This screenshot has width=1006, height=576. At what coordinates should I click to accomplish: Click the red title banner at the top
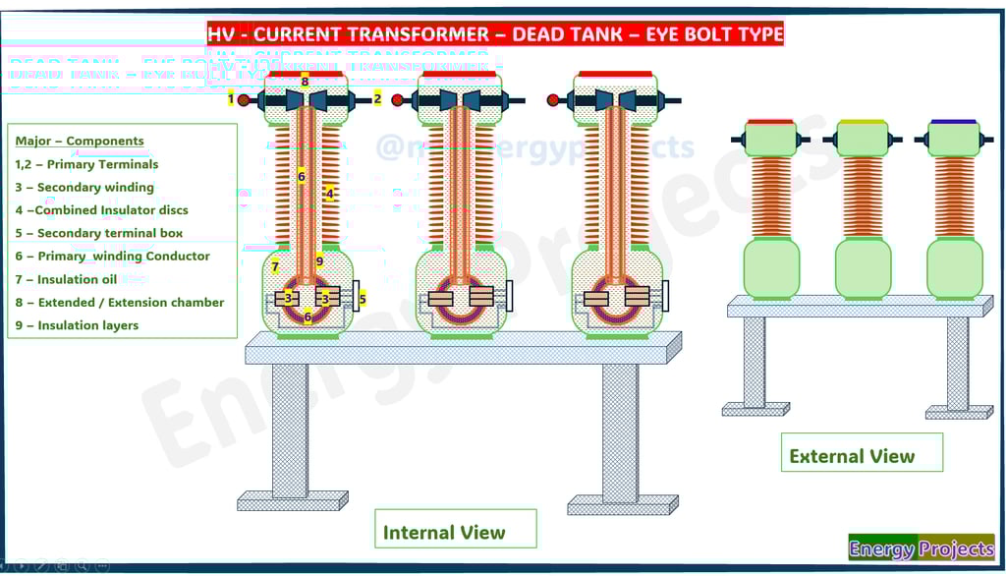tap(495, 33)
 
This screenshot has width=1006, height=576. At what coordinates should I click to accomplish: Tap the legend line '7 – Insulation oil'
tap(66, 279)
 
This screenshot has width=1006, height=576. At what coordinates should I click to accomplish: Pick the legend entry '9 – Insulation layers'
tap(77, 325)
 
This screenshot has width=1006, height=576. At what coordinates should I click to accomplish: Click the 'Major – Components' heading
tap(80, 141)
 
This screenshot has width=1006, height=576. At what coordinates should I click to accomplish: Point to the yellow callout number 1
tap(232, 98)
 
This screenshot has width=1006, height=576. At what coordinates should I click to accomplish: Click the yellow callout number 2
tap(377, 98)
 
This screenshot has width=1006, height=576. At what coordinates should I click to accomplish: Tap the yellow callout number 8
tap(306, 81)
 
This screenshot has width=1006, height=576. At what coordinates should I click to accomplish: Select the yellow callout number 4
tap(329, 194)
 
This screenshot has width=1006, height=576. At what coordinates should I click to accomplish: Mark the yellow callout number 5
tap(362, 298)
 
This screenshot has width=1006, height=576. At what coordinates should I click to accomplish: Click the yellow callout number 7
tap(275, 266)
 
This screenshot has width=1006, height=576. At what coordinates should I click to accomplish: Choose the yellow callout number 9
tap(319, 261)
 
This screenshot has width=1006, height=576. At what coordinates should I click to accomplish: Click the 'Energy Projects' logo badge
tap(921, 547)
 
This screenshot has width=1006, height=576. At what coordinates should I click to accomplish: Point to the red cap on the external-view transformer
tap(770, 122)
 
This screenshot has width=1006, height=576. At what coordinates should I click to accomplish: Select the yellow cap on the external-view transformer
tap(862, 122)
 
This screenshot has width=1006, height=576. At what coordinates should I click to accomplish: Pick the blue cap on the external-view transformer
tap(953, 122)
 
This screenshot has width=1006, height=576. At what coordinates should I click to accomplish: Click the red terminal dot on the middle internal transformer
tap(398, 99)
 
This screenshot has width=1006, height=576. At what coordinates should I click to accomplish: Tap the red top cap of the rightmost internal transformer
tap(615, 74)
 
